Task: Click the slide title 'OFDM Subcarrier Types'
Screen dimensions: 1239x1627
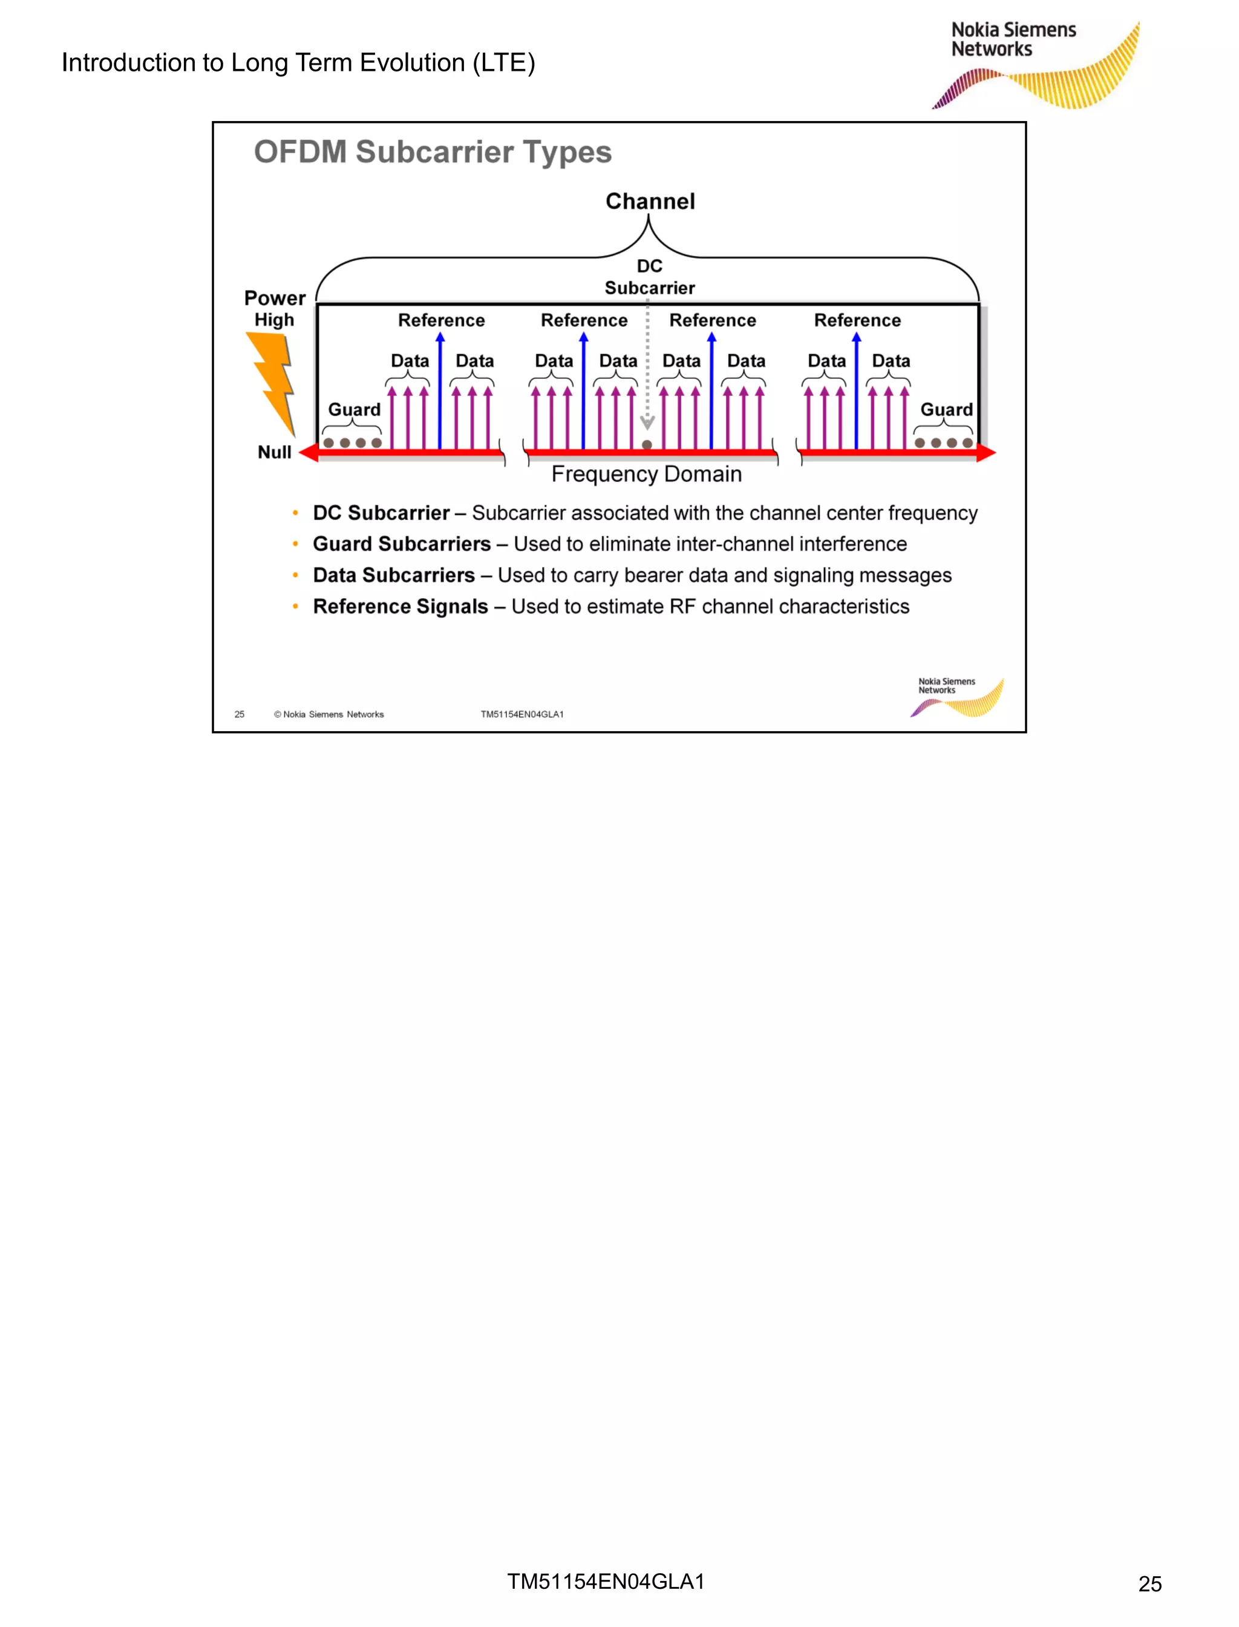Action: click(433, 152)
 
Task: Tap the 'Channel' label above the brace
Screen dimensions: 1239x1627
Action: click(650, 202)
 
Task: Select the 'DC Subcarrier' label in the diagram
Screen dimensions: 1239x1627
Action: click(650, 277)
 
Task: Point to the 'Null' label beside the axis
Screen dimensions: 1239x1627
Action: click(274, 452)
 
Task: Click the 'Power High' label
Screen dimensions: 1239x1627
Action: click(274, 309)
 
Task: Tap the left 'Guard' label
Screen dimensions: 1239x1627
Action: click(354, 410)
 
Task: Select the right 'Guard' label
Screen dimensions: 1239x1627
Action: click(946, 410)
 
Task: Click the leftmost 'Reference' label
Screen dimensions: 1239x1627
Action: click(441, 320)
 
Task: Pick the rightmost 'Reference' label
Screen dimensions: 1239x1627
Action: click(857, 320)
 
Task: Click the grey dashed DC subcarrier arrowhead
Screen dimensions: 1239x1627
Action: click(647, 423)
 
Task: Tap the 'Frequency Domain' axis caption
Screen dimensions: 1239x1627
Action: click(646, 474)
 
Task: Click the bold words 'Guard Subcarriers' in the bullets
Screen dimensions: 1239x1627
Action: click(401, 544)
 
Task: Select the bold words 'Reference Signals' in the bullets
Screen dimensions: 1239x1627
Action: click(400, 606)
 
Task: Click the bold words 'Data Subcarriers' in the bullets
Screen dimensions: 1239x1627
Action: click(393, 576)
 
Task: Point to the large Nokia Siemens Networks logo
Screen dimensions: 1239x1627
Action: click(1036, 65)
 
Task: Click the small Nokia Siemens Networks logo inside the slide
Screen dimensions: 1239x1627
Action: click(956, 697)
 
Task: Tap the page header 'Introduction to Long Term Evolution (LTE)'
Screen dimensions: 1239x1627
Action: click(298, 63)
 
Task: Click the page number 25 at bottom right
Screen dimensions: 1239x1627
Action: click(1149, 1583)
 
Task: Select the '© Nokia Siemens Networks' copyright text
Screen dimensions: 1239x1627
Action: click(329, 714)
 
